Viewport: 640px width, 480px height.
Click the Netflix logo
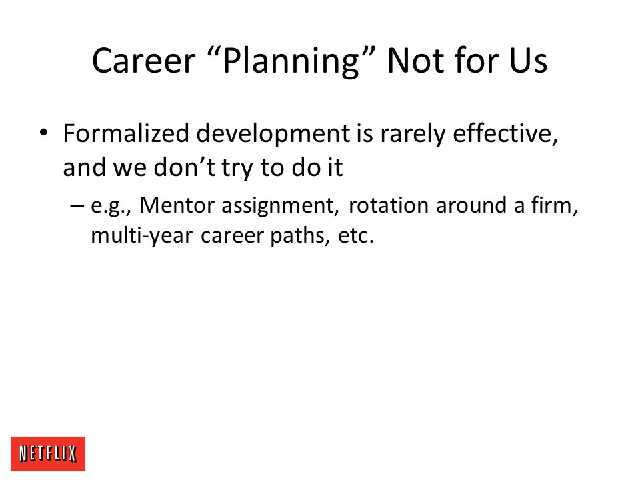coord(48,453)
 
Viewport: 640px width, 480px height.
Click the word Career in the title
coord(144,61)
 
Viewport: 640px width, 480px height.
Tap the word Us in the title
coord(528,61)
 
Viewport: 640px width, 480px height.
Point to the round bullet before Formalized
coord(43,133)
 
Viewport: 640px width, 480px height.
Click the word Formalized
coord(126,133)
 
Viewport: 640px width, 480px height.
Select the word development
coord(273,134)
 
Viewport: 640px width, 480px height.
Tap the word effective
coord(505,133)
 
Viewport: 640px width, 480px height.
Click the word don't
coord(185,167)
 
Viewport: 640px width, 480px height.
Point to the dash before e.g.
coord(77,206)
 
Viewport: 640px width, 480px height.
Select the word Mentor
coord(177,205)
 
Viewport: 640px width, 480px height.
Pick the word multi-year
coord(141,236)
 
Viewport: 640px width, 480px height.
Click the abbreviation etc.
coord(355,236)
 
